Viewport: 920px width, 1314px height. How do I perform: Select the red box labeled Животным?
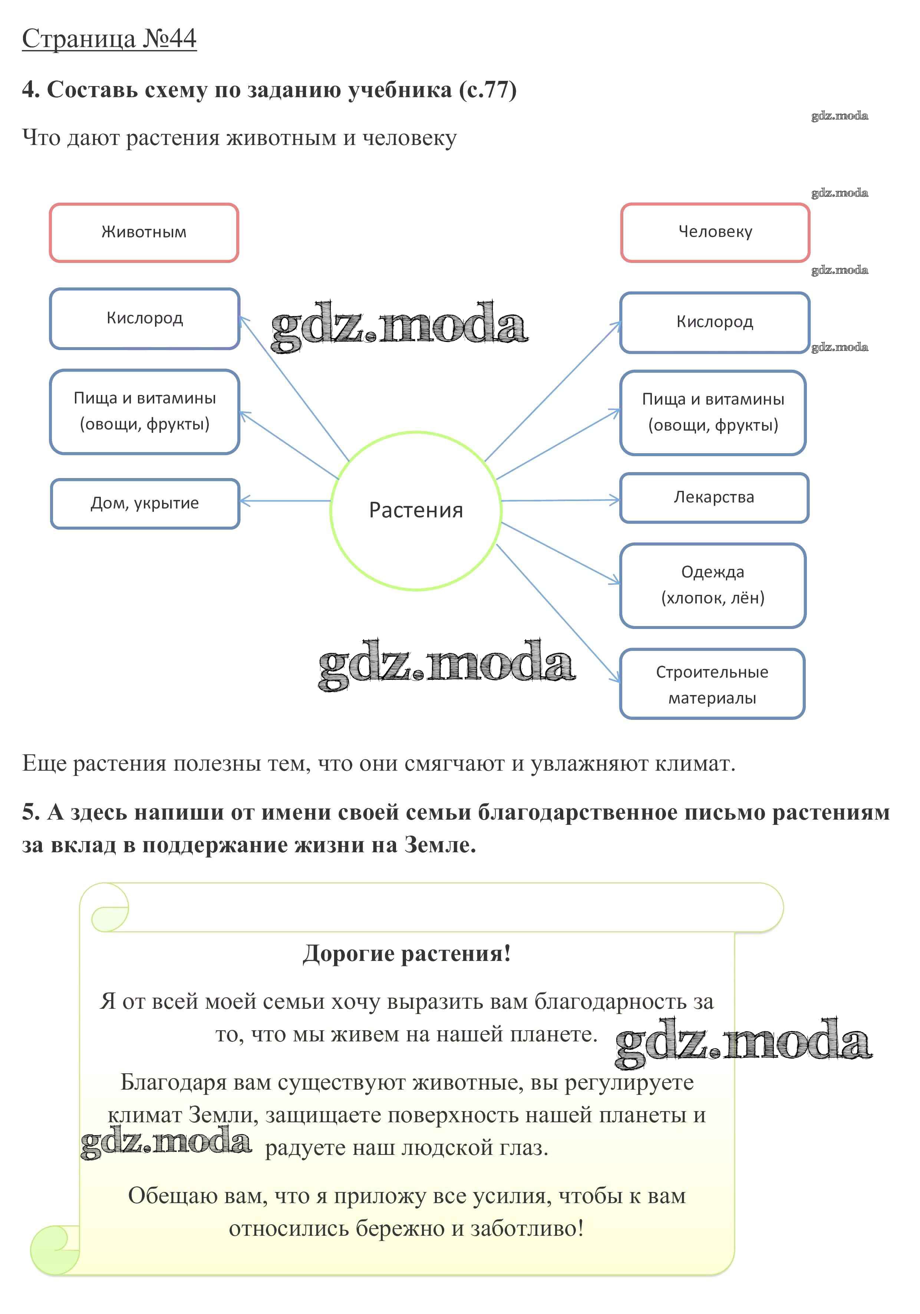point(144,233)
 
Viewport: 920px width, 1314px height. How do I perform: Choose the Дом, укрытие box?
point(145,504)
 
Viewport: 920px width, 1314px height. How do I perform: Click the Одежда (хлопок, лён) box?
point(712,585)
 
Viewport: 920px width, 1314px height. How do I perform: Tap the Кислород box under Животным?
point(144,318)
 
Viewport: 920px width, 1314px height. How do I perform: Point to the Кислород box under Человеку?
point(714,322)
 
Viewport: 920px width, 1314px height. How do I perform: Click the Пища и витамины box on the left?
point(144,412)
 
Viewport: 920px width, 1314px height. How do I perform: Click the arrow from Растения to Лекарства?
point(561,500)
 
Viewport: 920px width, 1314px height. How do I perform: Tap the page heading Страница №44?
point(109,39)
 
